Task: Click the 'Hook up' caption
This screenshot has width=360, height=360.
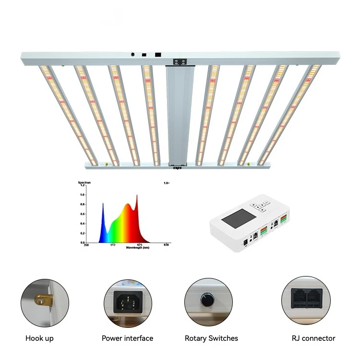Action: point(39,338)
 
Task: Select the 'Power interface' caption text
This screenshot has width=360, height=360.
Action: point(127,338)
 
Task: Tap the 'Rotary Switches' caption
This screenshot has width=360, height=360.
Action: point(211,338)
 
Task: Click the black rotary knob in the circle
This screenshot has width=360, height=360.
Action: point(208,301)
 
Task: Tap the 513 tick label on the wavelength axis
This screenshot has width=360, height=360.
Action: point(113,245)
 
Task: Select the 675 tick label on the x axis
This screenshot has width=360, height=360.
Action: point(139,245)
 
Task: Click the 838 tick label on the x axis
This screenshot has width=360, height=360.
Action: point(166,245)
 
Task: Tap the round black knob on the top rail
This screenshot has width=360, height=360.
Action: point(132,54)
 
